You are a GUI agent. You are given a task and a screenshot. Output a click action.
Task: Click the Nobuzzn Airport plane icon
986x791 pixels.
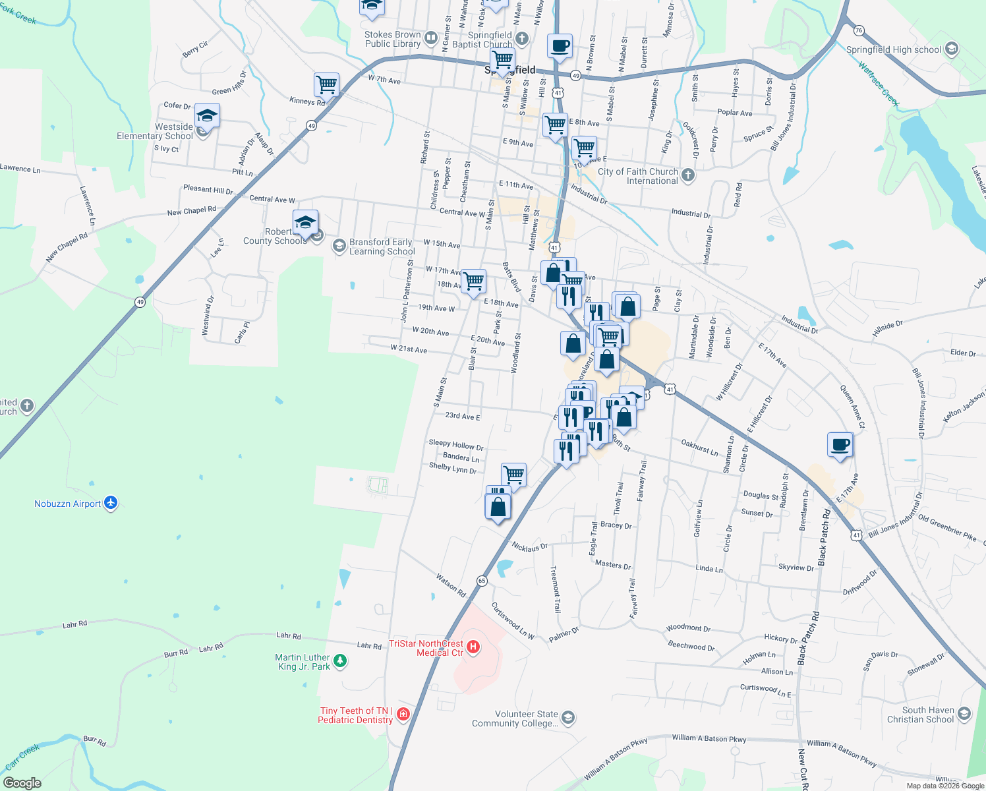pos(111,503)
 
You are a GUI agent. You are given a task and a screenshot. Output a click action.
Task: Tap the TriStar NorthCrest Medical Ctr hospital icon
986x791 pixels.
pos(473,647)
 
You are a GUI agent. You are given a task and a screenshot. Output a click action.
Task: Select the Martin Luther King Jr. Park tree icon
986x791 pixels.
pos(340,661)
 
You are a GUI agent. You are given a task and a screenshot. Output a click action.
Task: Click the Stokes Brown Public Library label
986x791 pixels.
pos(393,39)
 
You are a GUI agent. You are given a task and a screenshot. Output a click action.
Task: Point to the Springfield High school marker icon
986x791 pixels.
pos(951,49)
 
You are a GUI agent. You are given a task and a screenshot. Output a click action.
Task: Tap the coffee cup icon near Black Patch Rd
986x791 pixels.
pos(840,445)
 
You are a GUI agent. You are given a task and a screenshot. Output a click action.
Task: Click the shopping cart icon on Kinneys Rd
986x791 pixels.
pos(326,84)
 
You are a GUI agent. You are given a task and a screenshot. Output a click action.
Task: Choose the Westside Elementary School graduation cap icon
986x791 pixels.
pos(207,116)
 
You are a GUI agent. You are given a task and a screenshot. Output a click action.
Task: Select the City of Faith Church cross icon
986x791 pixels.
pos(688,175)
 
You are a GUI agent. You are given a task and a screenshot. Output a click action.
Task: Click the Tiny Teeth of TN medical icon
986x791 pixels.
pos(403,715)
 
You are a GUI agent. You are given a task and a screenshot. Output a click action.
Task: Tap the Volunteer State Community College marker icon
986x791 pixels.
pos(568,718)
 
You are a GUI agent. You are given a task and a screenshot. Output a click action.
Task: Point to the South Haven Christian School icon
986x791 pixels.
pos(964,714)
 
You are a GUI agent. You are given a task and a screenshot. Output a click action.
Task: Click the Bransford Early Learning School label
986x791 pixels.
pos(381,247)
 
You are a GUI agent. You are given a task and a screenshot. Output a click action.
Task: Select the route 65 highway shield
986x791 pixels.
pos(482,581)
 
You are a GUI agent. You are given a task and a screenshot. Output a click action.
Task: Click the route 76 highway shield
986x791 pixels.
pos(858,30)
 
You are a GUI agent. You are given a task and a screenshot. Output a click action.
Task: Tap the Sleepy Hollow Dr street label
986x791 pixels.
pos(456,445)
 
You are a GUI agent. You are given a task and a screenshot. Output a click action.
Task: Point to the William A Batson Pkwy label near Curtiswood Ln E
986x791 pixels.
pos(709,739)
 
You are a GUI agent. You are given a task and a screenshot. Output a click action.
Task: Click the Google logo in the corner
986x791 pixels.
pos(22,783)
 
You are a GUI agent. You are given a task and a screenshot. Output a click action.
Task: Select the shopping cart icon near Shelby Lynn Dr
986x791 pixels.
pos(513,474)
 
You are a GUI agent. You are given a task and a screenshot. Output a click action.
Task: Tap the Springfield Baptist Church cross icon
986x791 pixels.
pos(522,38)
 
